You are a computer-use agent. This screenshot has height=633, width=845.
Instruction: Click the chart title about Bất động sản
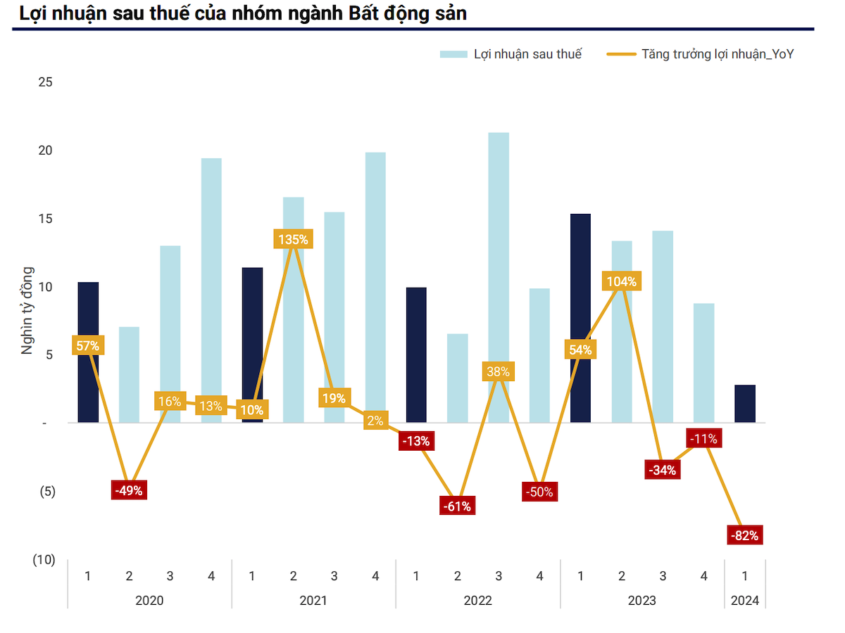tap(243, 13)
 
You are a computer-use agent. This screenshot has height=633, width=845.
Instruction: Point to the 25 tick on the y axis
tap(45, 82)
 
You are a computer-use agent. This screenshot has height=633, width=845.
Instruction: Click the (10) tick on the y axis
tap(44, 560)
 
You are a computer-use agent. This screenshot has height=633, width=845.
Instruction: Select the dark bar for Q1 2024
tap(745, 404)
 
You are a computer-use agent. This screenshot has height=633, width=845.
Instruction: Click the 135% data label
tap(293, 239)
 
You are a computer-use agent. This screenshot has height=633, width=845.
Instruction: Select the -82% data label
tap(745, 536)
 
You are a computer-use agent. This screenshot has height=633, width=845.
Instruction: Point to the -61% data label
tap(457, 506)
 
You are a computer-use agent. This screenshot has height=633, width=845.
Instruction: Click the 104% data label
tap(622, 282)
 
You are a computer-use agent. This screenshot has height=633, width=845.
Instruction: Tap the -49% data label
tap(129, 491)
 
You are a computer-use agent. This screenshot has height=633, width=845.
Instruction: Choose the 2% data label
tap(375, 421)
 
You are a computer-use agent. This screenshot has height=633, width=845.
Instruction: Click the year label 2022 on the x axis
tap(478, 601)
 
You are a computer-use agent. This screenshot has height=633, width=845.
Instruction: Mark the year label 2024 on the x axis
tap(745, 601)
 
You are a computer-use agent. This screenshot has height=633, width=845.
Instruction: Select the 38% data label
tap(499, 372)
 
